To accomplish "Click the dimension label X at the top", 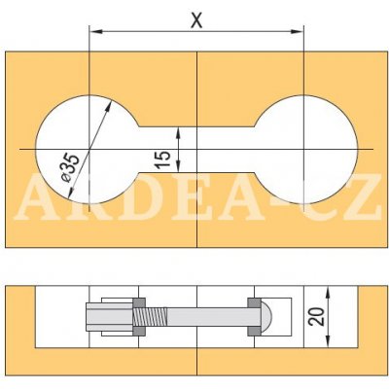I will tap(195, 19).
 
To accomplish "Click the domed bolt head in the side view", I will tap(266, 317).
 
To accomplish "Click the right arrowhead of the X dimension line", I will tap(300, 33).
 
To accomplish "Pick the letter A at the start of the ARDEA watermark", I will tap(37, 198).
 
